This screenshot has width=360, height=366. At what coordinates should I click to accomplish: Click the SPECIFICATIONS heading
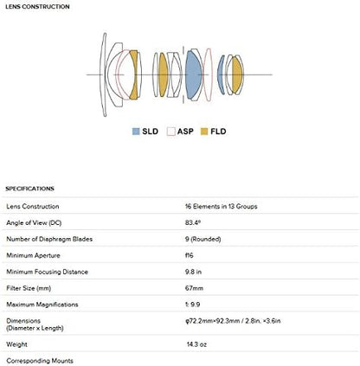[x=30, y=188]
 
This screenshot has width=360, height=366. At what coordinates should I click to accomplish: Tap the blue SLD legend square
[x=136, y=131]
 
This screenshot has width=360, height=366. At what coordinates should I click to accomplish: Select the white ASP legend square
[x=170, y=131]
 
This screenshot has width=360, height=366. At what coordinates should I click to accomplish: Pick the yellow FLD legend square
[x=204, y=131]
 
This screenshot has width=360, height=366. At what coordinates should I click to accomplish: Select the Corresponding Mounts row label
[x=39, y=360]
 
